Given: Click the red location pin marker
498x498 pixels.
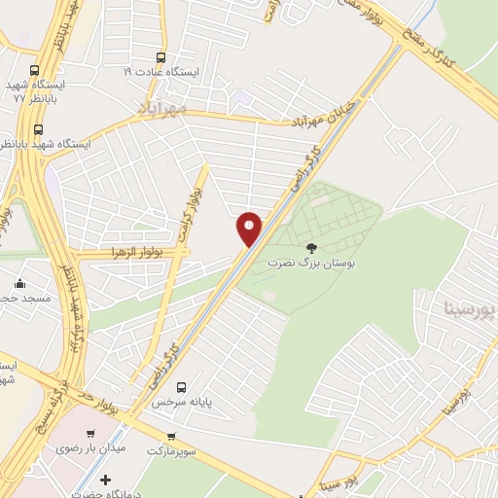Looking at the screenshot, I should tap(250, 228).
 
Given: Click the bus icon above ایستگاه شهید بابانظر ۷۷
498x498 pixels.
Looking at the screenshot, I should tap(35, 70).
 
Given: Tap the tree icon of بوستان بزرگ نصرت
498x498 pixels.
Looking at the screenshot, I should tap(311, 248).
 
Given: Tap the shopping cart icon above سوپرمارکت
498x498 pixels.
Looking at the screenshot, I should tap(172, 437).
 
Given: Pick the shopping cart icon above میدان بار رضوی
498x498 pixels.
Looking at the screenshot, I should tap(90, 434).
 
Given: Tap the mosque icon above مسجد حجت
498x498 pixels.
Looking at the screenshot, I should tap(19, 284).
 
